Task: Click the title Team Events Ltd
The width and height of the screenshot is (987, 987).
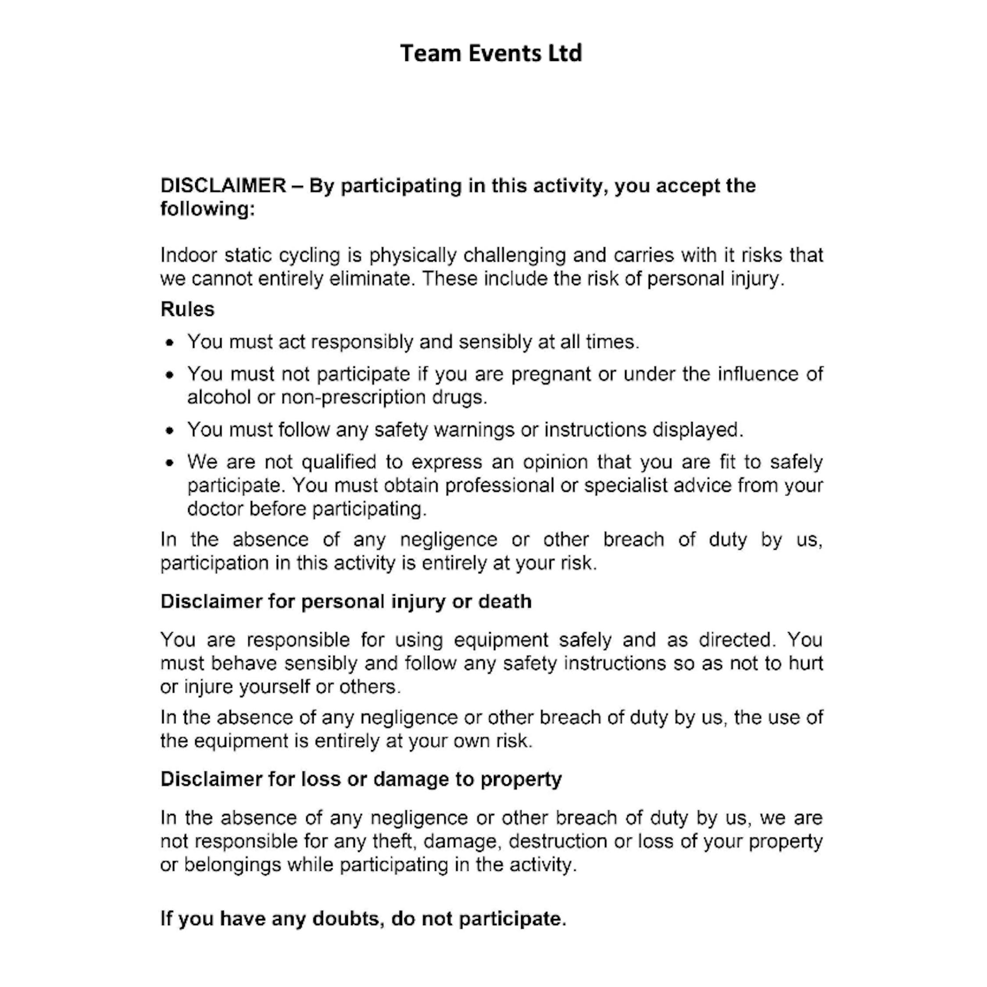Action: point(490,53)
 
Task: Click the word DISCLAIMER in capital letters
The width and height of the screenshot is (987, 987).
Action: point(223,186)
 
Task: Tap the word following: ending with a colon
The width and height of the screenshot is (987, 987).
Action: point(207,209)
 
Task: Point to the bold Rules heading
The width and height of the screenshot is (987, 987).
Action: point(187,310)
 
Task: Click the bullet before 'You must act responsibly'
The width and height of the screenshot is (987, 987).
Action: point(170,343)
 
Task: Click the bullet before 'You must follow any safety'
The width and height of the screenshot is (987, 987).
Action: point(170,431)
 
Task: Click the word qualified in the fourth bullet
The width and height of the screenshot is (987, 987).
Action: point(339,462)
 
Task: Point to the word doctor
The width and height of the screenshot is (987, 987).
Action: point(215,509)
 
